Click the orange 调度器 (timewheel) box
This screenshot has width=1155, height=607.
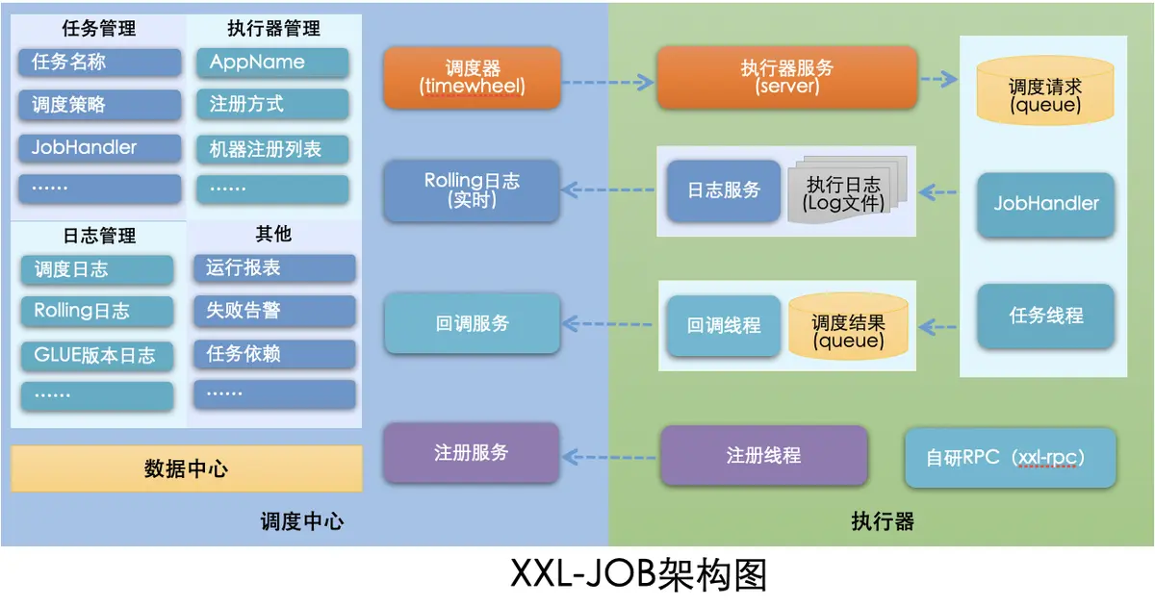(472, 77)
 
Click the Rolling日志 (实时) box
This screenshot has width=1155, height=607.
(472, 190)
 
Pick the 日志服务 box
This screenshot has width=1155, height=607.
(723, 190)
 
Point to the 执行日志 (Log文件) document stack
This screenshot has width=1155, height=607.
(841, 191)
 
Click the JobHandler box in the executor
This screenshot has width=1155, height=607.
(1045, 204)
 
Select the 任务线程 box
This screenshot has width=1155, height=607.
(1045, 316)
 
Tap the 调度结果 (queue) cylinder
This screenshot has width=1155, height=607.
(847, 329)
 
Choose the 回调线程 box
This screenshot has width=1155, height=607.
(723, 325)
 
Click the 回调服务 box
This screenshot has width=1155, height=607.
(472, 323)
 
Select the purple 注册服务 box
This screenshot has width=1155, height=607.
(472, 452)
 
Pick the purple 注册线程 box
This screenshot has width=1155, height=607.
(763, 455)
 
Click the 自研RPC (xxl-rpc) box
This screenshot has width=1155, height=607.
(1010, 457)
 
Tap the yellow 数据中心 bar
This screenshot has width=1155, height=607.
(187, 468)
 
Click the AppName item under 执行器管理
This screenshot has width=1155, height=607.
(272, 63)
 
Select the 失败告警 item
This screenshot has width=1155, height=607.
(274, 311)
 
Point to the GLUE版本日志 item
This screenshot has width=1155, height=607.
(97, 355)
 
